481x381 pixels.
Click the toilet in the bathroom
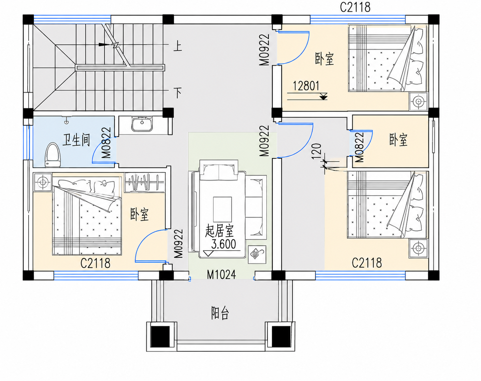coord(53,155)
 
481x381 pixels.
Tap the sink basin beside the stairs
coord(142,124)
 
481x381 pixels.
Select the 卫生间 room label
coord(76,140)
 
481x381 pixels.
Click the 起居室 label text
coord(219,231)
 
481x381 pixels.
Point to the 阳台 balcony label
coord(220,313)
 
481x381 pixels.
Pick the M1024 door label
coord(221,274)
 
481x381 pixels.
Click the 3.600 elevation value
coord(223,244)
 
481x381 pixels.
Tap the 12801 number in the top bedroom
coord(306,86)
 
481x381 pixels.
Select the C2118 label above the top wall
coord(355,7)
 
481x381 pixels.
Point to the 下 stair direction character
coord(178,93)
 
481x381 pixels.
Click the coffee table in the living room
coord(222,209)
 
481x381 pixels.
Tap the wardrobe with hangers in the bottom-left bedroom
coord(145,183)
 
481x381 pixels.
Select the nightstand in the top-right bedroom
coord(419,102)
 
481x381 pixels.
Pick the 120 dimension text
coord(317,152)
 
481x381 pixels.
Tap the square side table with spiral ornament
coord(257,254)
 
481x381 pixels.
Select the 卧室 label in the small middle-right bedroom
coord(398,140)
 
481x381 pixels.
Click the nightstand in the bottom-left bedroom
coord(42,182)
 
